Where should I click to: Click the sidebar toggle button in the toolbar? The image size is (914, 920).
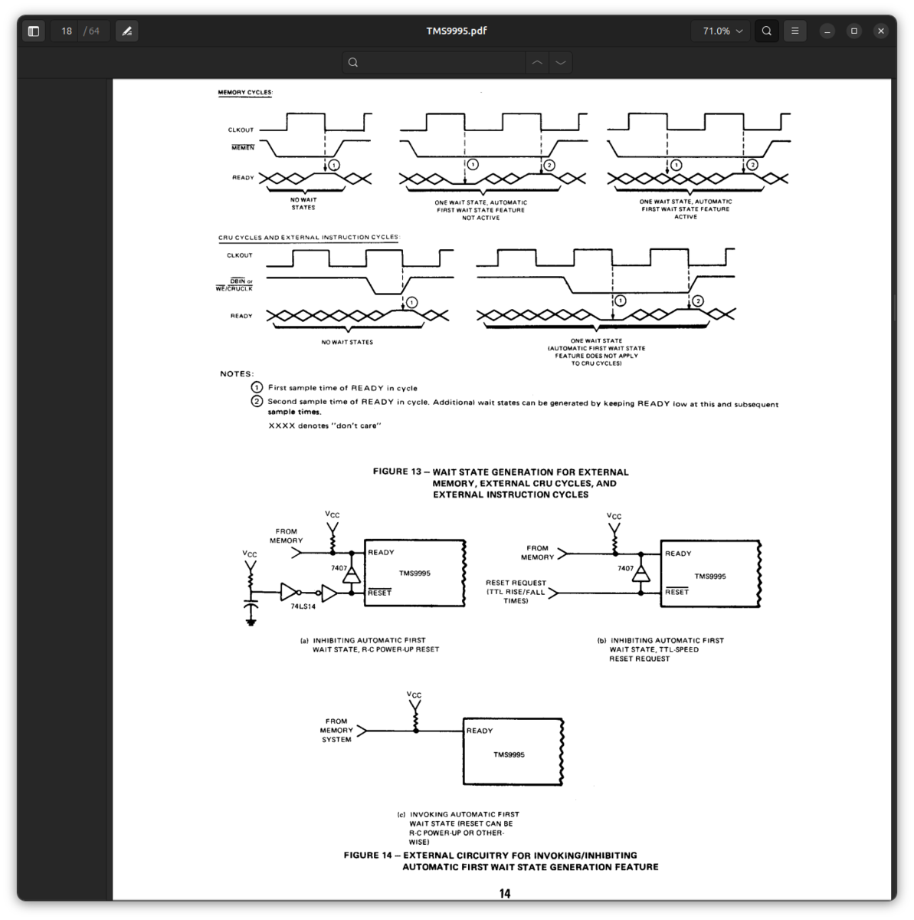click(x=34, y=31)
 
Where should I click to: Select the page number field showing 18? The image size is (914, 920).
click(x=67, y=31)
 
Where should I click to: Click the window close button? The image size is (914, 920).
click(x=880, y=31)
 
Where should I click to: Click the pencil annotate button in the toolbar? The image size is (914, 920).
click(x=127, y=31)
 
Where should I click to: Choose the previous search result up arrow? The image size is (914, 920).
click(x=537, y=63)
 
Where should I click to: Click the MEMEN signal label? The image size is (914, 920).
click(x=243, y=147)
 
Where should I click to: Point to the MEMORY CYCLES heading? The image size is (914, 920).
click(x=245, y=92)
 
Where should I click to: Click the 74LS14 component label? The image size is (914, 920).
click(x=303, y=606)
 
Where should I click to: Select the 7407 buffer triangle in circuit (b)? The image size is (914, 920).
click(x=640, y=573)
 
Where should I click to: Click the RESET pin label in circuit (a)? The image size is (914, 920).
click(x=379, y=593)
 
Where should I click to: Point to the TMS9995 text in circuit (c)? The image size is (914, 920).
click(x=509, y=754)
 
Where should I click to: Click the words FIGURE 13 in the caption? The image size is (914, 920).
click(x=397, y=472)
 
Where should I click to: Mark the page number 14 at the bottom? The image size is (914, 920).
click(x=505, y=893)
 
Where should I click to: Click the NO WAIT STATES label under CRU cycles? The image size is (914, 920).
click(x=347, y=342)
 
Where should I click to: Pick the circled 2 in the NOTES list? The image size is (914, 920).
click(x=257, y=401)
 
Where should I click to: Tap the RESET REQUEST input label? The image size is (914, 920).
click(x=516, y=583)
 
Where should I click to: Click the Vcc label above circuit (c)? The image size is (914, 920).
click(x=414, y=694)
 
